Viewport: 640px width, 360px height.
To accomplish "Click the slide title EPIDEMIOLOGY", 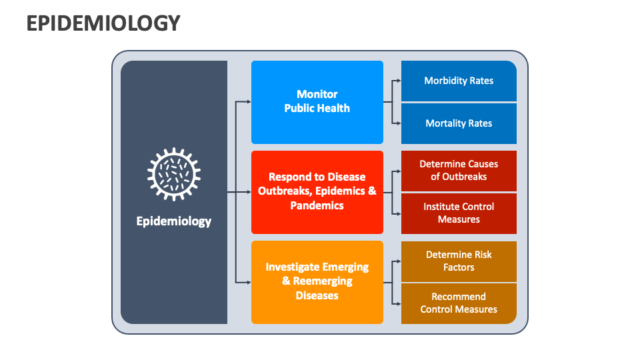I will [x=103, y=23].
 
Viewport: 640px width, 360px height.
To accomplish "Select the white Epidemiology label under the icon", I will [x=174, y=221].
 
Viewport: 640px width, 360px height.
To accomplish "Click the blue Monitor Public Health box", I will [x=317, y=102].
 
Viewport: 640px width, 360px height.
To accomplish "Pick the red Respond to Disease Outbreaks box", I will [x=317, y=192].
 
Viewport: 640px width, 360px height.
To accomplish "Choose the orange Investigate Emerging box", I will [x=317, y=282].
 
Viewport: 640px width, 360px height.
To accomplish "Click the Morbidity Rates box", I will [x=459, y=81].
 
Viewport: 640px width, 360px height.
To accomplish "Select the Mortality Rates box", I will [x=459, y=123].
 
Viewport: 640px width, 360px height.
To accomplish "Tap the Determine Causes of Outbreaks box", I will [x=459, y=171].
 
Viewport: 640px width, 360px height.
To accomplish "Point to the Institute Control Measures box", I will [x=459, y=213].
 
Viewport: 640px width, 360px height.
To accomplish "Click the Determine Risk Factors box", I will [x=459, y=261].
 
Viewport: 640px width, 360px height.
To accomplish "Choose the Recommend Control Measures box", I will [x=459, y=303].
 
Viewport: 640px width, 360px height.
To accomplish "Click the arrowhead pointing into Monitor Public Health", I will [x=248, y=102].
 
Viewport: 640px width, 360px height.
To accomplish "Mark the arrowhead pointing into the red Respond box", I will [x=248, y=192].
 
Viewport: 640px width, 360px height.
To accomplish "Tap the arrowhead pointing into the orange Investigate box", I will [x=248, y=283].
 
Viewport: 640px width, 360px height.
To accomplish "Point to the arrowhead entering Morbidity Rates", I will [x=398, y=81].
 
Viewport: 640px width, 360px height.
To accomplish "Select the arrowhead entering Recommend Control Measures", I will [x=398, y=304].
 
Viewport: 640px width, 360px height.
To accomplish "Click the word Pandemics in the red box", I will [x=317, y=206].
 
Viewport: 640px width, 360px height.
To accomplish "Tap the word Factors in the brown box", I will [x=459, y=267].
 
